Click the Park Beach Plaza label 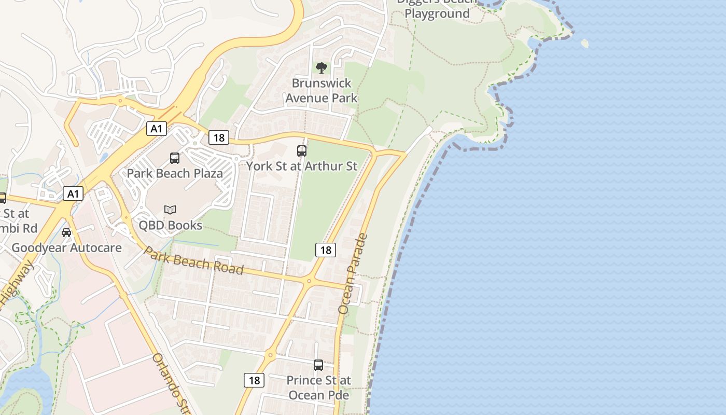pyautogui.click(x=175, y=173)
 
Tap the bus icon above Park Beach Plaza pyautogui.click(x=175, y=158)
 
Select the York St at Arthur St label pyautogui.click(x=302, y=166)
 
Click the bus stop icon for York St pyautogui.click(x=302, y=151)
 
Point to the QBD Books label pyautogui.click(x=170, y=225)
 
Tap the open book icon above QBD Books pyautogui.click(x=170, y=210)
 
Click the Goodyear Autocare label pyautogui.click(x=66, y=247)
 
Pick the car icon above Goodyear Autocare pyautogui.click(x=66, y=232)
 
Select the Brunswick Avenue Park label pyautogui.click(x=322, y=90)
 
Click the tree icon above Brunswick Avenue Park pyautogui.click(x=322, y=67)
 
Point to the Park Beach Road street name pyautogui.click(x=193, y=260)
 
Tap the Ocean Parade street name pyautogui.click(x=353, y=274)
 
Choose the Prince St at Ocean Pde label pyautogui.click(x=318, y=388)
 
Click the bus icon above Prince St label pyautogui.click(x=318, y=365)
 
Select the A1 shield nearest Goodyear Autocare pyautogui.click(x=73, y=194)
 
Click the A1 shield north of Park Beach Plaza pyautogui.click(x=156, y=128)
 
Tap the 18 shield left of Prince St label pyautogui.click(x=254, y=380)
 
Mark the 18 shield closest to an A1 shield pyautogui.click(x=219, y=137)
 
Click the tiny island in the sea pyautogui.click(x=585, y=44)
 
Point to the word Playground pyautogui.click(x=437, y=14)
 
